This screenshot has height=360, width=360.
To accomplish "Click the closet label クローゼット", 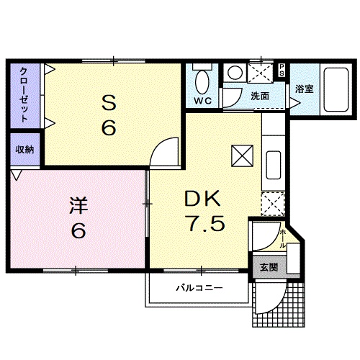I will pos(24,96).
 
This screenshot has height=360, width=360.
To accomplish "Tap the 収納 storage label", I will pos(24,150).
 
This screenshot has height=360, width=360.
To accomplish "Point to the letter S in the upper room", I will pos(108,103).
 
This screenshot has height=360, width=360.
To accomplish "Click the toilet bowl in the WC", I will pos(202,79).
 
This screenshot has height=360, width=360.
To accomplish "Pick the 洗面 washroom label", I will pos(260,96).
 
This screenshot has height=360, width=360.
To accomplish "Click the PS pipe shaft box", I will pos(282,71).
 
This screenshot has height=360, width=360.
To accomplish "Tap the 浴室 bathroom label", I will pos(303,89).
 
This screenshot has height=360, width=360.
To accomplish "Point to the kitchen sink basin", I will pos(274,166).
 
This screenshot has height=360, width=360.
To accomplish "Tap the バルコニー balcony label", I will pos(199,288).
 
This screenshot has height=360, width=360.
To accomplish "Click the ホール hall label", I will pos(282,238).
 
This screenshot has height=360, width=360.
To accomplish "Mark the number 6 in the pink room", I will pos(78,232).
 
